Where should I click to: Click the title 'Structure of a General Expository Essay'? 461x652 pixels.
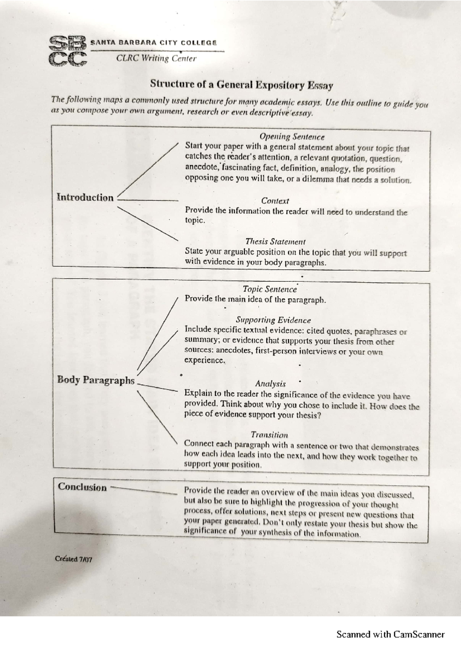(241, 84)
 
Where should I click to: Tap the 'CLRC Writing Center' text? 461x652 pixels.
(156, 58)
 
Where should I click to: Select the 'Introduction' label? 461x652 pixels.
(85, 197)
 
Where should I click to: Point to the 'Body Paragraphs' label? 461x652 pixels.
(96, 380)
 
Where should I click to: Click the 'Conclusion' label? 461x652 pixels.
(82, 487)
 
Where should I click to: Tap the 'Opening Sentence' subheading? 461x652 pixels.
(292, 137)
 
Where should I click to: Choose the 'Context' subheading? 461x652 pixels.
(275, 200)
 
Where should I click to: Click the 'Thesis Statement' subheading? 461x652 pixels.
(275, 242)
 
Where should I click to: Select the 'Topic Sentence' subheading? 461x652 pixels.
(270, 289)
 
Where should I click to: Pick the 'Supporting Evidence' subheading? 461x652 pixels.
(273, 320)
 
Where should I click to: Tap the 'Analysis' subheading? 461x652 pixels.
(270, 384)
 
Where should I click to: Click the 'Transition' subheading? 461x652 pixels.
(269, 435)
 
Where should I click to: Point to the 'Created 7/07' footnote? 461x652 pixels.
(73, 559)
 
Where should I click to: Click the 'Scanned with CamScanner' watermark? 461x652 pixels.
(390, 634)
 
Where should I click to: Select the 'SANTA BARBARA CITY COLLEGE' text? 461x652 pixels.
(154, 43)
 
